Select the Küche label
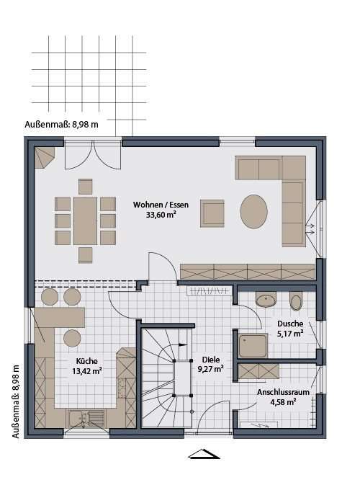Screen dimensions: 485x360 [x=86, y=362]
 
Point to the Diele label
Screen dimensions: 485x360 [x=212, y=358]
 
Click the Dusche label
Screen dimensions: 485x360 [x=290, y=324]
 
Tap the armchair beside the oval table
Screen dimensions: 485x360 [x=212, y=213]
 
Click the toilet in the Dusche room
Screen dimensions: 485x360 [x=296, y=301]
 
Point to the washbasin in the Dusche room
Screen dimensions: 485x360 [x=266, y=299]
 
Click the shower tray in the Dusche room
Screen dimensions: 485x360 [x=253, y=346]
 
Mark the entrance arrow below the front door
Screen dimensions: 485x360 [x=203, y=454]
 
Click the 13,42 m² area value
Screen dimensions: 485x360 [x=86, y=372]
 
